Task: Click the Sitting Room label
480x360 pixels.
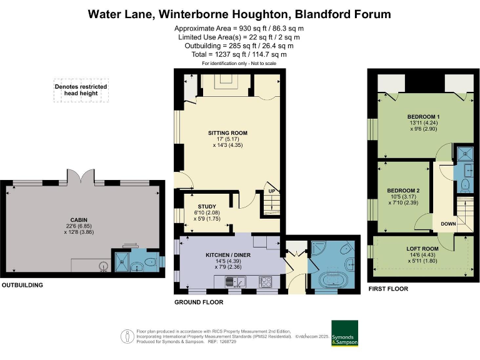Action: coord(227,133)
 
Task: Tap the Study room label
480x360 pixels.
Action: coord(206,207)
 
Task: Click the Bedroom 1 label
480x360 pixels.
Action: coord(424,117)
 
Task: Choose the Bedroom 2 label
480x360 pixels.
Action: coord(403,190)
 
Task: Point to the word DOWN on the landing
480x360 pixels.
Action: coord(447,224)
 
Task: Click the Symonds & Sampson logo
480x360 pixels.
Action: coord(344,334)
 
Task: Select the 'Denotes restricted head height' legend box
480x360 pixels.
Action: coord(81,91)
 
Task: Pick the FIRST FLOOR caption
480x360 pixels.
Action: coord(388,289)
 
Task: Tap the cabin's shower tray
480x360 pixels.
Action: coord(122,262)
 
